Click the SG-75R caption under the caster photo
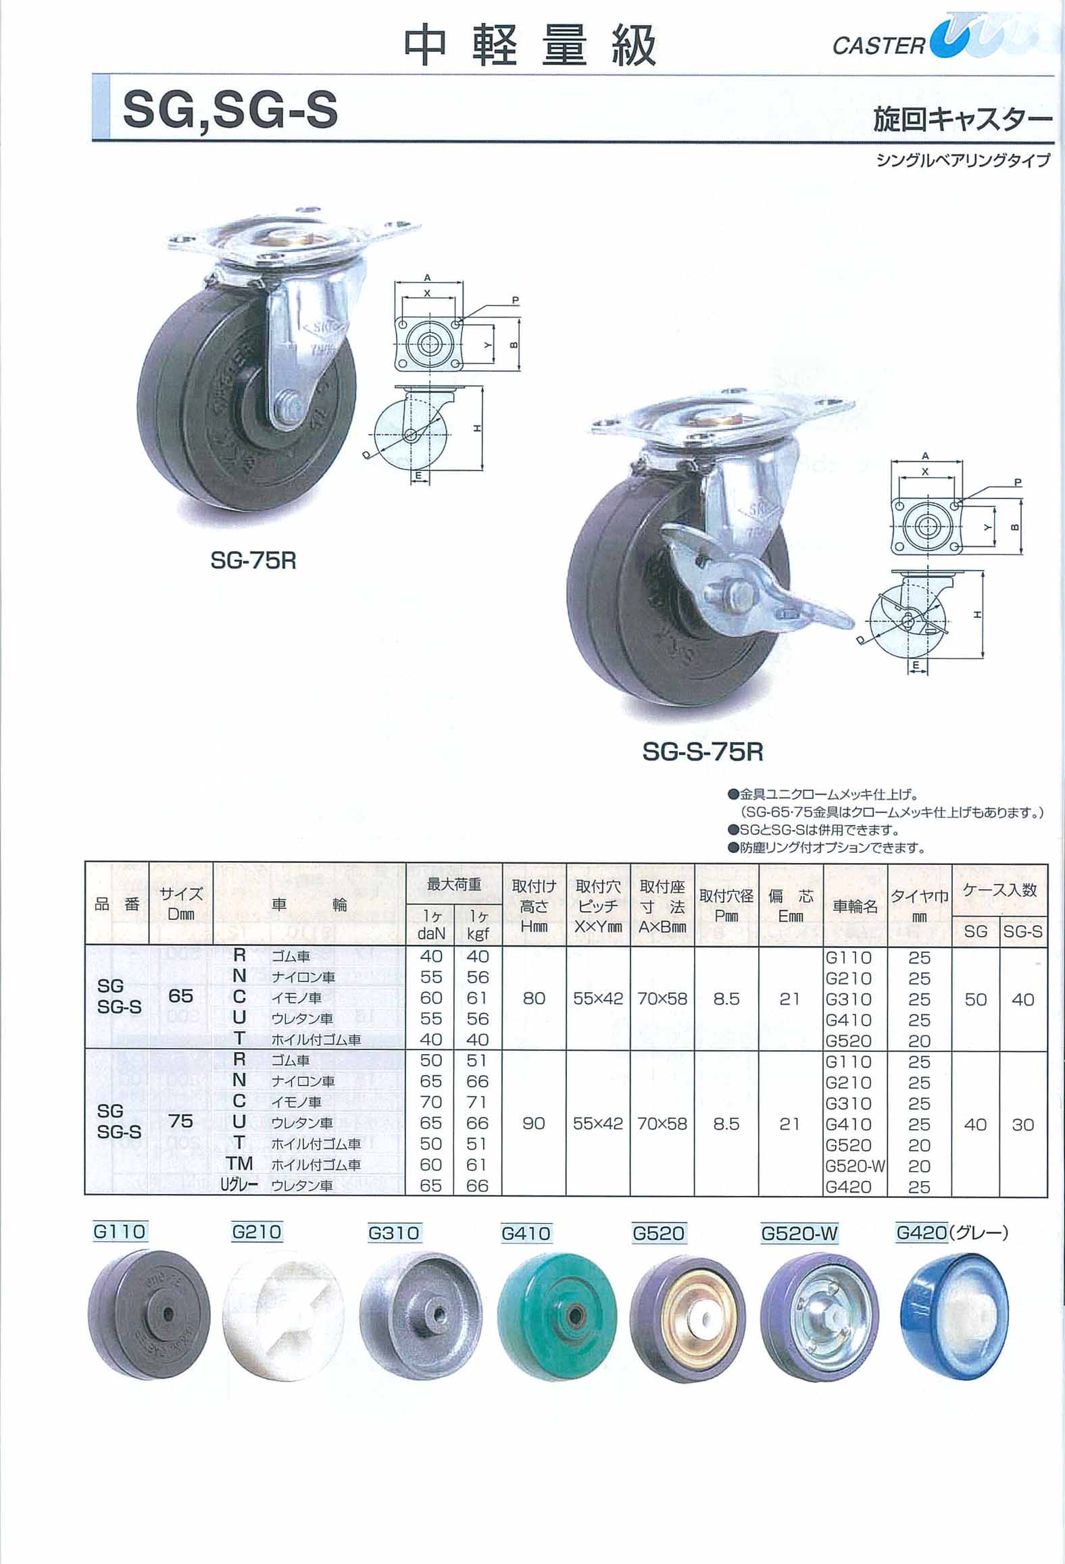(253, 561)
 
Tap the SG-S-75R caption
(703, 752)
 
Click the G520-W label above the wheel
(799, 1232)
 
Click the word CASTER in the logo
(878, 46)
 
